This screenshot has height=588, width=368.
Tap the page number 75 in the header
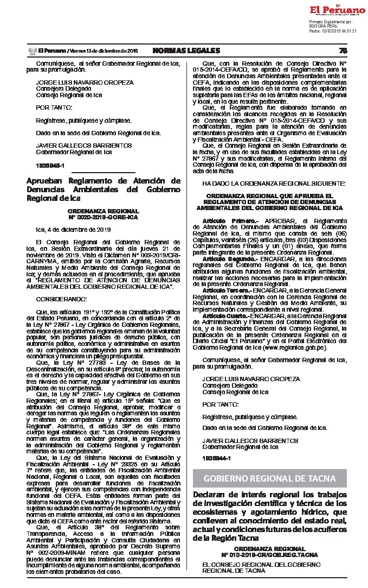343,50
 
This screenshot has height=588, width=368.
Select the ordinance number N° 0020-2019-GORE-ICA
103,217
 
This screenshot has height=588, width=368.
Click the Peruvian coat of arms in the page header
32,50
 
